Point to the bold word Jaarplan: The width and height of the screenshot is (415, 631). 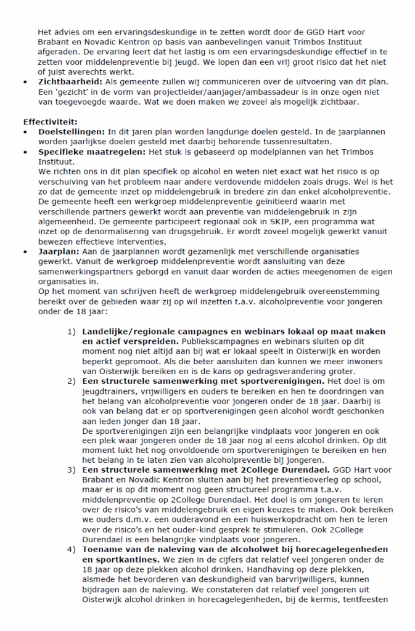(60, 251)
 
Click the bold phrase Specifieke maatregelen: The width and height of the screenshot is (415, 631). (90, 152)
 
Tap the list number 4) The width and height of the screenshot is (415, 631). (72, 550)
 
